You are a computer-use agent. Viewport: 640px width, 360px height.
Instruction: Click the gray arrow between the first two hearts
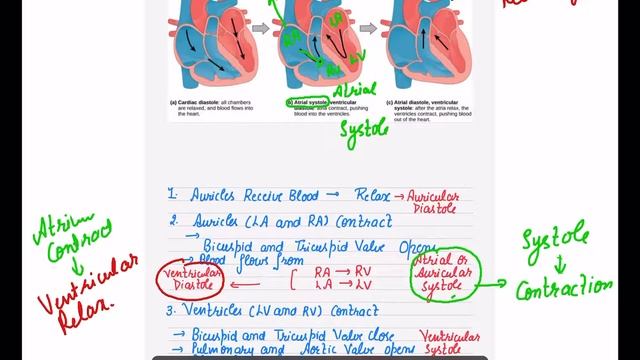point(258,28)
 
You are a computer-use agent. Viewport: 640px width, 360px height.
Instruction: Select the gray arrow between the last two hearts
point(367,28)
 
